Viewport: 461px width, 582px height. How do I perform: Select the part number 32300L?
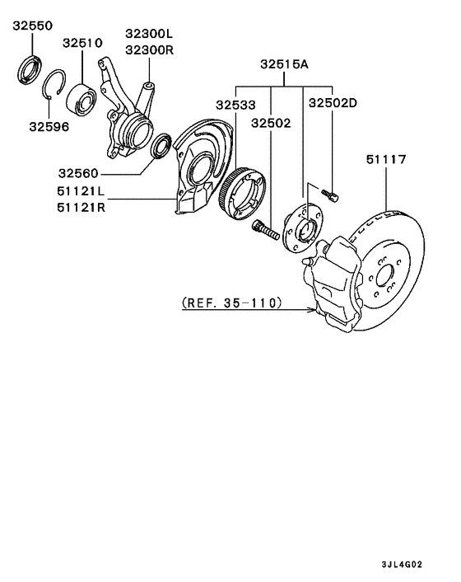149,34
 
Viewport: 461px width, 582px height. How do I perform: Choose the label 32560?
78,173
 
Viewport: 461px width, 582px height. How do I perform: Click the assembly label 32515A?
285,64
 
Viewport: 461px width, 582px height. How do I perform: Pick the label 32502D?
333,103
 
